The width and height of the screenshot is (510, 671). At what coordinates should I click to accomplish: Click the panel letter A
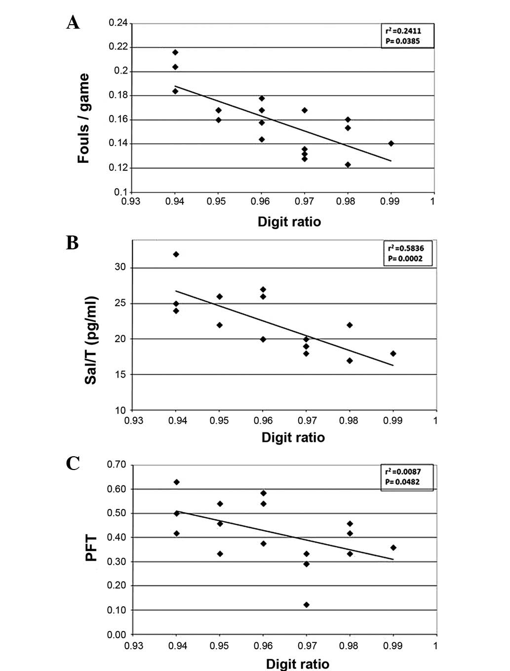[x=73, y=23]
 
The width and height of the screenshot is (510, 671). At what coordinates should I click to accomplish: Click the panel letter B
[x=72, y=243]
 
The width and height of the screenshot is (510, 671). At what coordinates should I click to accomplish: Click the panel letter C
[x=73, y=463]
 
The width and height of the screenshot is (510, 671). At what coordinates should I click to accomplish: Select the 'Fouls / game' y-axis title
[x=83, y=118]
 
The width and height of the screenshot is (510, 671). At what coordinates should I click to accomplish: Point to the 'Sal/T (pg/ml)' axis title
[x=91, y=341]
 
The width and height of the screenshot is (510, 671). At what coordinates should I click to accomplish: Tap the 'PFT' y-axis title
[x=91, y=549]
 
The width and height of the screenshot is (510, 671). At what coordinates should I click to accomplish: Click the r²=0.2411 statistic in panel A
[x=403, y=31]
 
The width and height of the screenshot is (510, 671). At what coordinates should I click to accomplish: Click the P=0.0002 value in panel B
[x=404, y=258]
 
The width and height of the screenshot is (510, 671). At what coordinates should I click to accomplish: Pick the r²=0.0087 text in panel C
[x=403, y=472]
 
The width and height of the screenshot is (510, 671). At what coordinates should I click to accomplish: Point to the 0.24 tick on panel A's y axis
[x=118, y=23]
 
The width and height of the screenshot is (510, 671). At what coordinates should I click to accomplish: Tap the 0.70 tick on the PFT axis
[x=117, y=465]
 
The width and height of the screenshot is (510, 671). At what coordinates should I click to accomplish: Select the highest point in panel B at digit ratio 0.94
[x=176, y=254]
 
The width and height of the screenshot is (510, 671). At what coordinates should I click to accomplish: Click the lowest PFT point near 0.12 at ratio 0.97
[x=307, y=605]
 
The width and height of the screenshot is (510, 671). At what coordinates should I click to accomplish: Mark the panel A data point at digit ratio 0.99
[x=391, y=143]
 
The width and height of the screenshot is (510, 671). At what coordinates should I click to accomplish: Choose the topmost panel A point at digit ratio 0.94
[x=175, y=52]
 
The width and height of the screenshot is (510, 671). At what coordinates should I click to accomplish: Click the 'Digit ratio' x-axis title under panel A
[x=289, y=222]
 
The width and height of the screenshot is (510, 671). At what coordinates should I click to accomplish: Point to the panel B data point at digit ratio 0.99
[x=393, y=354]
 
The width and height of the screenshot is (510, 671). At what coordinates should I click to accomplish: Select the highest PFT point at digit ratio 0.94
[x=177, y=482]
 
